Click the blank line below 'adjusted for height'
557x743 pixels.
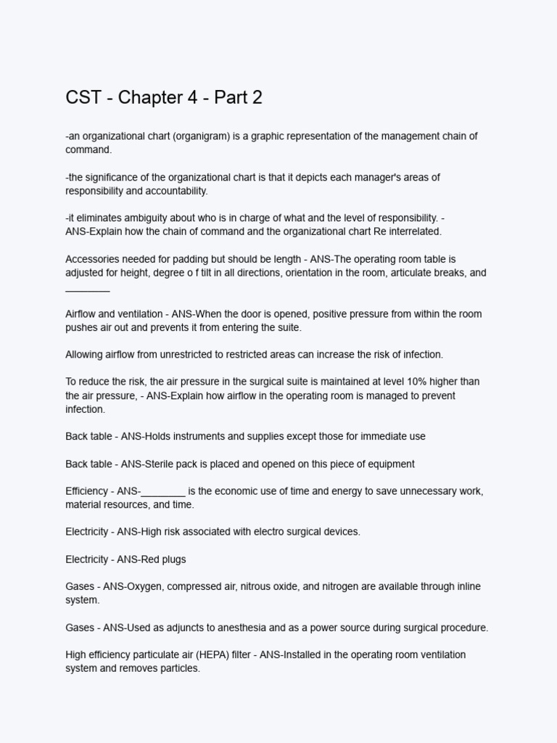tap(87, 289)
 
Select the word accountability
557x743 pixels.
tap(174, 191)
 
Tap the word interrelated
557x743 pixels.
tap(408, 231)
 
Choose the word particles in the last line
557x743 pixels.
tap(177, 668)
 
